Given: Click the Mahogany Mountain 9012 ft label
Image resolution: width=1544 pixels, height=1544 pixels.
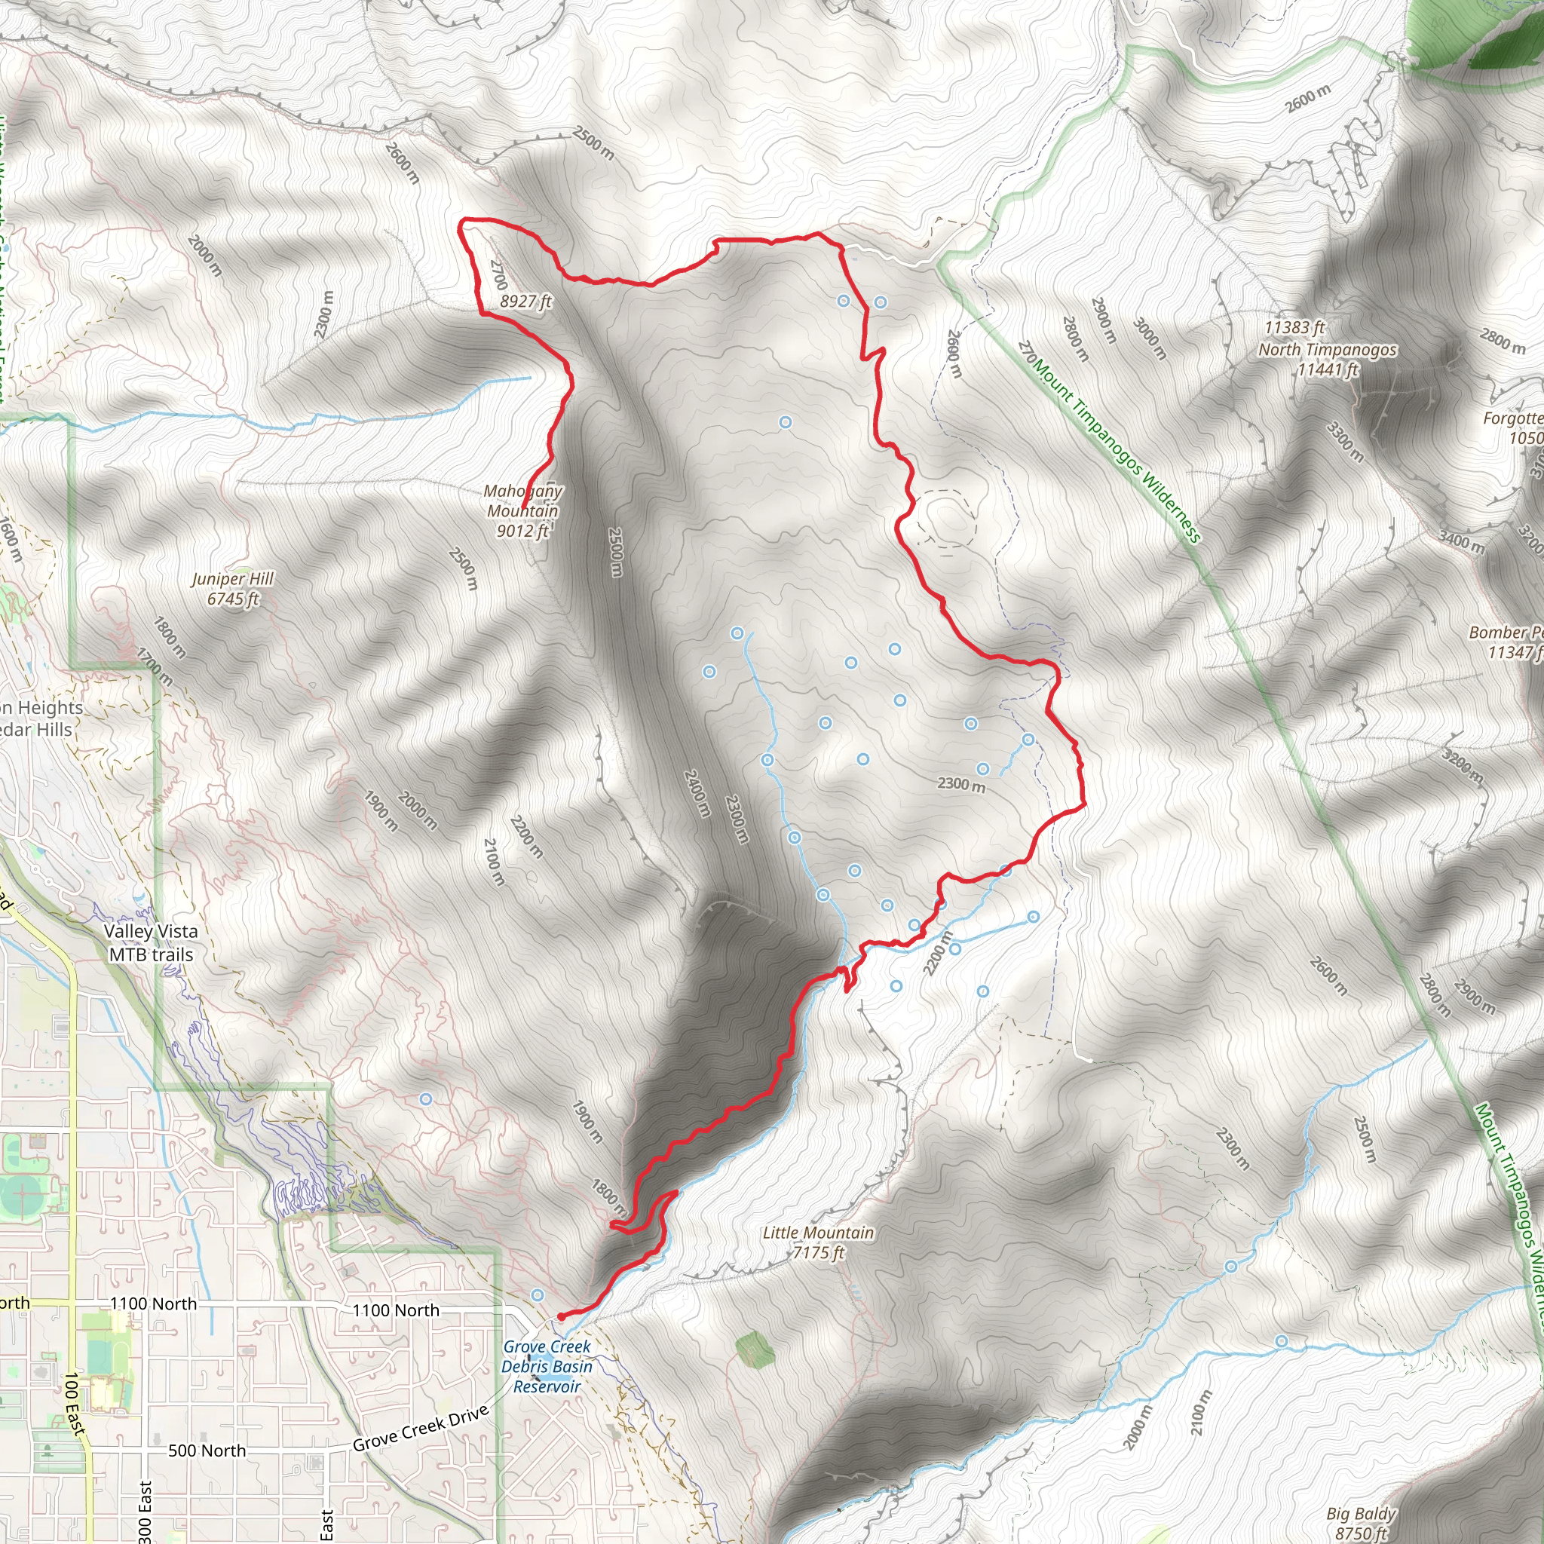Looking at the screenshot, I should (x=522, y=510).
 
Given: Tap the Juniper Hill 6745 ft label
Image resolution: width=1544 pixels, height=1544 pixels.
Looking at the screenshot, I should (x=232, y=588).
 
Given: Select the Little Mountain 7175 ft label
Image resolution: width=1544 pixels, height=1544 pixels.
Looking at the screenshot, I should (x=817, y=1242).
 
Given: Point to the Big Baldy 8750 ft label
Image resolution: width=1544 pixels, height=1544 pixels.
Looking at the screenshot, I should (x=1360, y=1522).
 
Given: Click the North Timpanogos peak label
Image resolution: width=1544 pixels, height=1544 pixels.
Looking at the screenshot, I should (x=1328, y=349).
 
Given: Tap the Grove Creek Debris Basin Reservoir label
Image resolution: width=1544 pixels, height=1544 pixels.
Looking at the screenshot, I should (x=547, y=1366).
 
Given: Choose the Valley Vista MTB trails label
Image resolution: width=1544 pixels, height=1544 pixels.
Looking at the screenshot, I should (x=151, y=942).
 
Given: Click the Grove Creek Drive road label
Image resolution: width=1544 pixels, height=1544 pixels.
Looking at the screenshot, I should (x=421, y=1428).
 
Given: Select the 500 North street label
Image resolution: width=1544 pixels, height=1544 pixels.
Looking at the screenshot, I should (x=207, y=1451).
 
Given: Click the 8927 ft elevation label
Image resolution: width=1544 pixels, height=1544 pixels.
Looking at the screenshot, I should (x=526, y=302).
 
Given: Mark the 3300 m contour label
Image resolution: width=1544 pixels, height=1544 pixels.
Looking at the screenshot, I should (x=1345, y=442).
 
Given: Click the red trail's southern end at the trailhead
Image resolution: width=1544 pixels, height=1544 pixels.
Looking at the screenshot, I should (x=561, y=1316).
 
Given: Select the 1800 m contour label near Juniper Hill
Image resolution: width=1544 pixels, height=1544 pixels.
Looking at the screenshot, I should (x=170, y=637).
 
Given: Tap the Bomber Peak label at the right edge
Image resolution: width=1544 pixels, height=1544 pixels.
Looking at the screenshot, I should (x=1506, y=642).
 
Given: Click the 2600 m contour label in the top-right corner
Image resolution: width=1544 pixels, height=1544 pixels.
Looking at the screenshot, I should (x=1307, y=97).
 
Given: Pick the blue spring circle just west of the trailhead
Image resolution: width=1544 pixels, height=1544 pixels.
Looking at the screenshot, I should (x=538, y=1294).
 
